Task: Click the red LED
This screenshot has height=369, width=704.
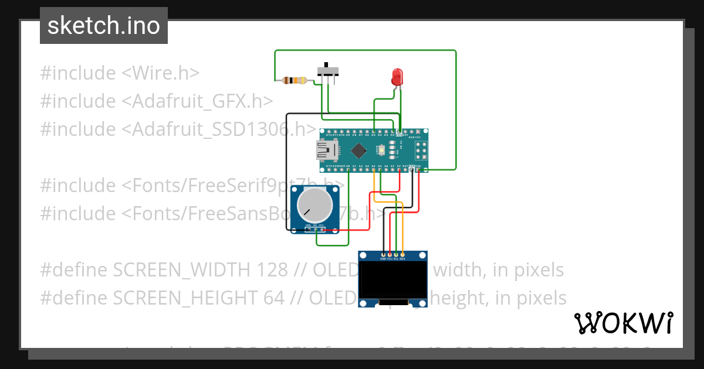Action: (397, 76)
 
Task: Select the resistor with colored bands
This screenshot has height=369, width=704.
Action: (293, 81)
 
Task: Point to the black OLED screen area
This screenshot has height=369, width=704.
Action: (392, 280)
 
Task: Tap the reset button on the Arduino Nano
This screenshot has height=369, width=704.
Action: (383, 152)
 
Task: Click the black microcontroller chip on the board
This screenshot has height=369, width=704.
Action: (358, 152)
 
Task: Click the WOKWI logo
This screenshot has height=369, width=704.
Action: (624, 323)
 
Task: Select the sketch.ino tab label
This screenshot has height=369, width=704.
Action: (104, 26)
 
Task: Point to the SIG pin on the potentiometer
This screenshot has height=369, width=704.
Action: (315, 229)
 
